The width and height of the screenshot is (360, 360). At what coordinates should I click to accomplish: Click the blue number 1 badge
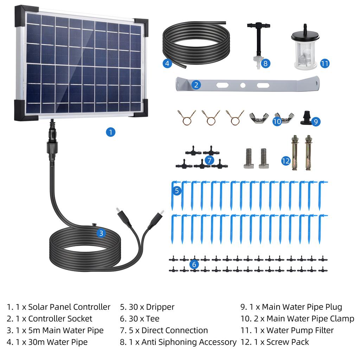click(110, 132)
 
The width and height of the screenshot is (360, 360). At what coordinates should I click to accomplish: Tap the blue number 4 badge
click(167, 63)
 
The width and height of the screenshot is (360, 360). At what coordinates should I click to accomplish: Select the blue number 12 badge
click(286, 161)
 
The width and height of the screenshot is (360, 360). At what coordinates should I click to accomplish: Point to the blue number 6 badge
click(194, 264)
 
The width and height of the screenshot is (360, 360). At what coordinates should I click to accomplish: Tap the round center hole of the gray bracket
click(243, 86)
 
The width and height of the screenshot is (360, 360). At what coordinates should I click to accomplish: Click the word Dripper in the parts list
click(160, 307)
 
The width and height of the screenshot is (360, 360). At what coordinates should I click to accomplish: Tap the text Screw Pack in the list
click(288, 342)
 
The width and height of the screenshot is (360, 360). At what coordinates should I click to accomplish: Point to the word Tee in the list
click(153, 319)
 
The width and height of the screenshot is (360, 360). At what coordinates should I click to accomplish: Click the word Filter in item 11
click(324, 330)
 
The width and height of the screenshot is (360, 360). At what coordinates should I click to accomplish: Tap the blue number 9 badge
click(316, 121)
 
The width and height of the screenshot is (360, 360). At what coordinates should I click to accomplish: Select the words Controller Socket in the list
click(60, 319)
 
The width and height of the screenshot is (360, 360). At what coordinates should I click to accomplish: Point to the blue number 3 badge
click(101, 233)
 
